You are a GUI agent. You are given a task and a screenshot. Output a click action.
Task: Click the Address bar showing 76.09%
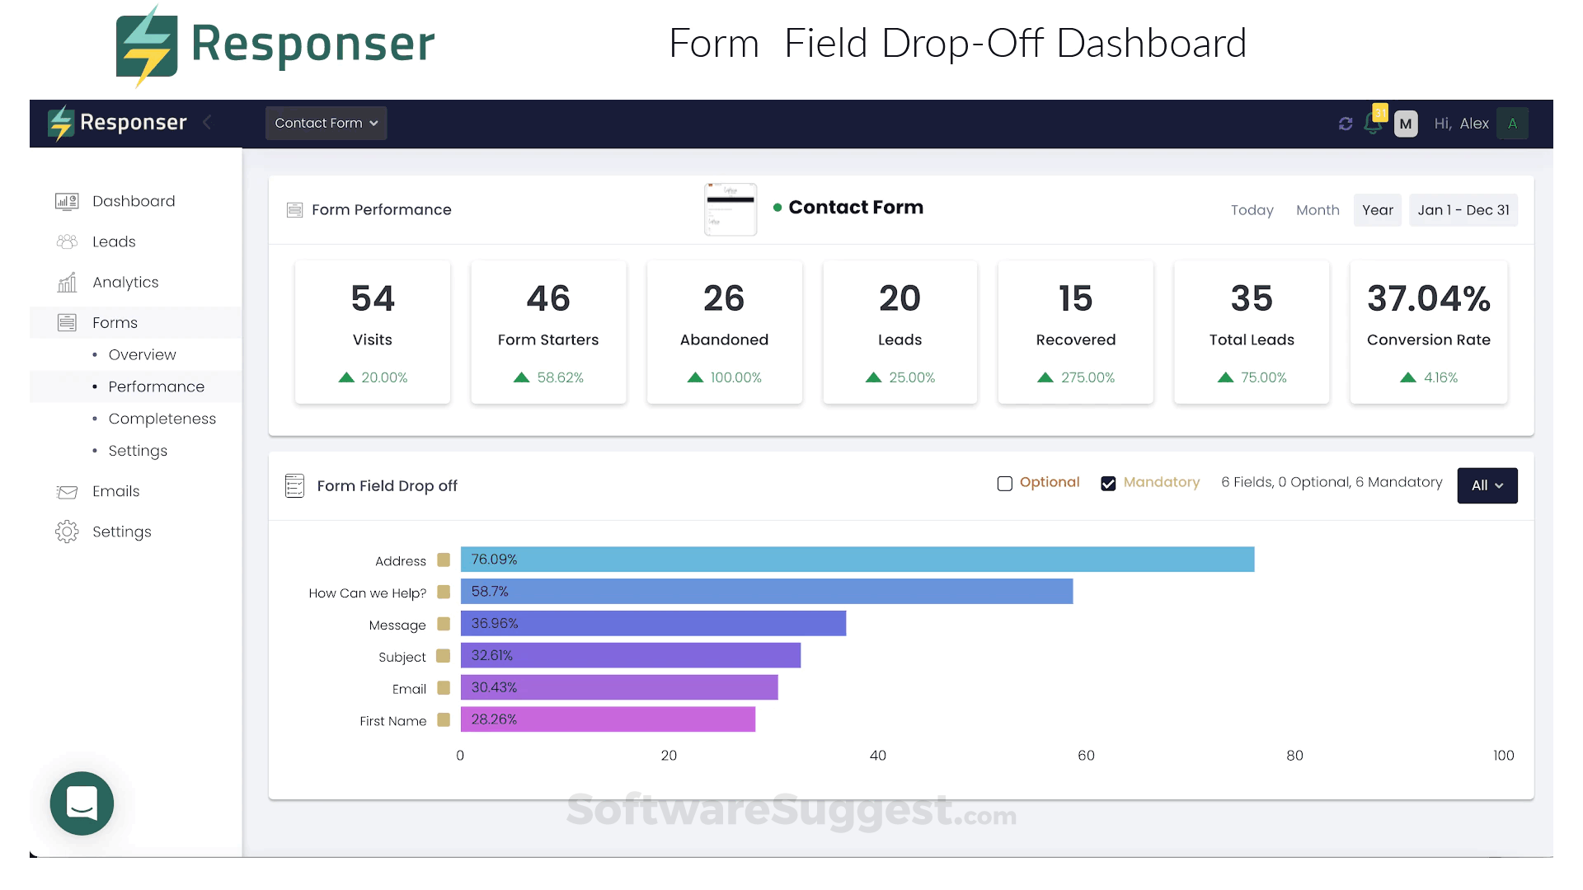coord(857,560)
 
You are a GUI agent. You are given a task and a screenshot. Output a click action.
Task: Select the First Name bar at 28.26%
coord(608,719)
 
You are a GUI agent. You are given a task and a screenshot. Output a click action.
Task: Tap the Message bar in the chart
coord(653,624)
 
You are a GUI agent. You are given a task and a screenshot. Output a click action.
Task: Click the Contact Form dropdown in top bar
coord(326,124)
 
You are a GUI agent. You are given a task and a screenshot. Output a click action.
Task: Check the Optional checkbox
coord(1004,484)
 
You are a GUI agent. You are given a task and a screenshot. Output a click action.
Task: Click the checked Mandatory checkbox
coord(1108,484)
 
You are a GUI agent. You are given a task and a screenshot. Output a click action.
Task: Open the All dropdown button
coord(1487,485)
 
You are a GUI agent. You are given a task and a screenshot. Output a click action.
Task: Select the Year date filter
coord(1377,210)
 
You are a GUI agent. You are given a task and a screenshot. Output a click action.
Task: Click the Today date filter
coord(1252,210)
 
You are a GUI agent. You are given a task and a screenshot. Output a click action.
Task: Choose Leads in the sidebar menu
coord(114,241)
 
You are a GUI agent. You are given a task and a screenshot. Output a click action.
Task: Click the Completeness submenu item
coord(162,419)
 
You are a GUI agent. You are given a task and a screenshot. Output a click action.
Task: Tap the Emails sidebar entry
coord(115,491)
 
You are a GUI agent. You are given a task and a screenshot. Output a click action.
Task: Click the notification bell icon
coord(1373,124)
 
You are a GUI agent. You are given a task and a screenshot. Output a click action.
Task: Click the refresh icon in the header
coord(1346,124)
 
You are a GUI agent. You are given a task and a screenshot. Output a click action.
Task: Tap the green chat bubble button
coord(82,803)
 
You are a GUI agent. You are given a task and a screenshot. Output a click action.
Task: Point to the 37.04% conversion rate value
coord(1428,298)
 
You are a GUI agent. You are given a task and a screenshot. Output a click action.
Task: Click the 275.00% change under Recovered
coord(1087,377)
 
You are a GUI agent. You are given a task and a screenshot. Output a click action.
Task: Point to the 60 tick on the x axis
coord(1086,756)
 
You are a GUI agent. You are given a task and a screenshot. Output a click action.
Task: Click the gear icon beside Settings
coord(67,532)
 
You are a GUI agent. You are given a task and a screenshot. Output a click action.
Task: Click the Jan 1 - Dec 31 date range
coord(1463,210)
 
